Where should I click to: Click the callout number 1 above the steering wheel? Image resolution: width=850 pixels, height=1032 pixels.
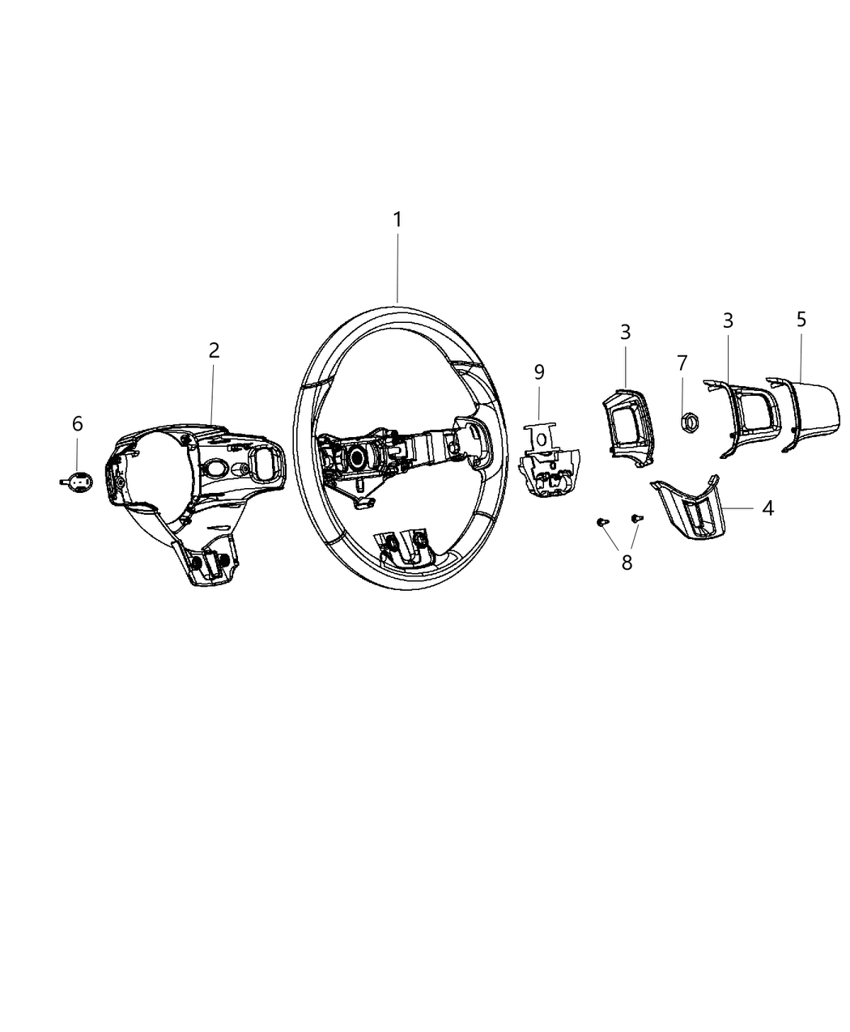(x=397, y=219)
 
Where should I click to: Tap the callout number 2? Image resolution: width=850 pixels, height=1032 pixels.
(x=214, y=350)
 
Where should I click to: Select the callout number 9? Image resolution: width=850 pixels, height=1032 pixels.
(x=539, y=372)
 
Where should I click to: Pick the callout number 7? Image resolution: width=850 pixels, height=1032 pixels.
(x=682, y=363)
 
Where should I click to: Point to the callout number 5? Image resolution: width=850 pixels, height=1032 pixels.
(x=801, y=319)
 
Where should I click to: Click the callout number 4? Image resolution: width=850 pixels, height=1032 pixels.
(x=767, y=508)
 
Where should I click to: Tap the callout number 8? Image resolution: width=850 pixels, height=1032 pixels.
(x=627, y=563)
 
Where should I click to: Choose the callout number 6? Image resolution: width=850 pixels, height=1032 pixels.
(x=78, y=423)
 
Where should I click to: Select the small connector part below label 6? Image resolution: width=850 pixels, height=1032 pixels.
(x=78, y=482)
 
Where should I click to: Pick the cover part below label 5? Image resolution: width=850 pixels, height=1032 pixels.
(x=806, y=412)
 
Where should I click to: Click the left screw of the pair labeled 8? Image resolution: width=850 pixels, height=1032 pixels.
(x=601, y=523)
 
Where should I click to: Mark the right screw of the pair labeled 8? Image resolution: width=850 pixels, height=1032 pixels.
(x=636, y=516)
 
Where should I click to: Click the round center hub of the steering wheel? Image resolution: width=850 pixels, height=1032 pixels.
(x=357, y=457)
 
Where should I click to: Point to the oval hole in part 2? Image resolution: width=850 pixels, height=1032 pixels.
(x=217, y=468)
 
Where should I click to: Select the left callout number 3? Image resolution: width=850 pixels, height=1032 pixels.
(x=626, y=332)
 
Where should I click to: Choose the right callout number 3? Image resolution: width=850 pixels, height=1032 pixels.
(x=728, y=321)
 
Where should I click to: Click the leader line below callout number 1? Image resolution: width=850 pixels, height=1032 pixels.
(x=397, y=267)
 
